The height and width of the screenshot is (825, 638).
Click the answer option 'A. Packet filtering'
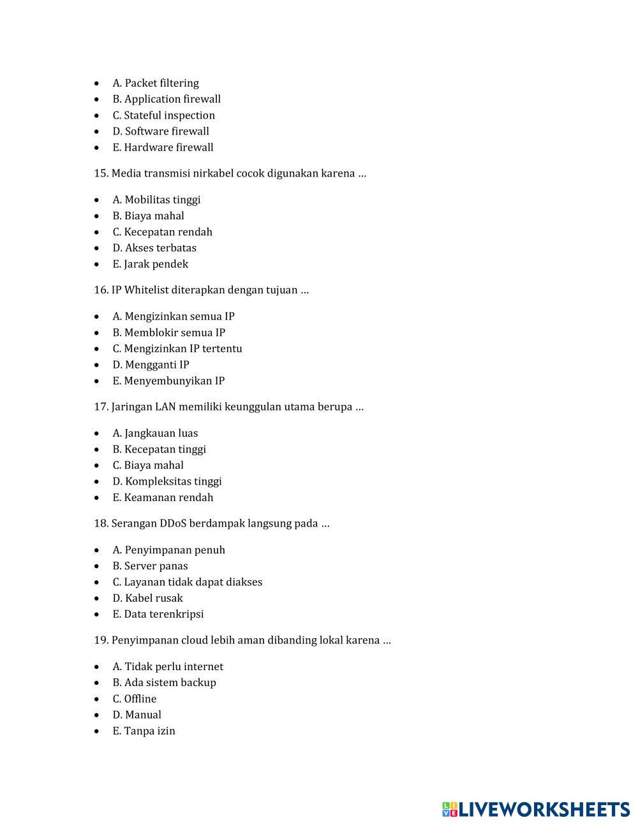coord(156,83)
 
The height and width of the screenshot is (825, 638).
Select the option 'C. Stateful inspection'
coord(163,115)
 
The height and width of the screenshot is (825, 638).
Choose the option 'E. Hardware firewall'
coord(163,147)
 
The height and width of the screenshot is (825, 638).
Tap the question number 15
coord(101,173)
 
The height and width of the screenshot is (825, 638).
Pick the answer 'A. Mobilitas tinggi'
coord(156,200)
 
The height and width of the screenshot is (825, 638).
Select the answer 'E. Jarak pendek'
coord(150,264)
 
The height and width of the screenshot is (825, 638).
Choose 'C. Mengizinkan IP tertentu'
coord(177,349)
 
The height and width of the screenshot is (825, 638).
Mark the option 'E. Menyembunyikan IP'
coord(168,381)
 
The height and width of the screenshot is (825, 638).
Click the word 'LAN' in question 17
coord(165,407)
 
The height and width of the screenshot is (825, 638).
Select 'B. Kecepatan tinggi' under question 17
coord(159,449)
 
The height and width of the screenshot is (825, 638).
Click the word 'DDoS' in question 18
coord(174,523)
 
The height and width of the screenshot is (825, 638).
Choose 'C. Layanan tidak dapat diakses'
coord(187,582)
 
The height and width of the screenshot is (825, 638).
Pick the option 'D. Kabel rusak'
coord(147,598)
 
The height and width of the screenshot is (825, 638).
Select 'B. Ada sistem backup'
coord(164,683)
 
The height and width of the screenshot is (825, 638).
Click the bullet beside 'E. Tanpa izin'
coord(97,731)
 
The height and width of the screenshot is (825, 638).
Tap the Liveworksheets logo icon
coord(450,810)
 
